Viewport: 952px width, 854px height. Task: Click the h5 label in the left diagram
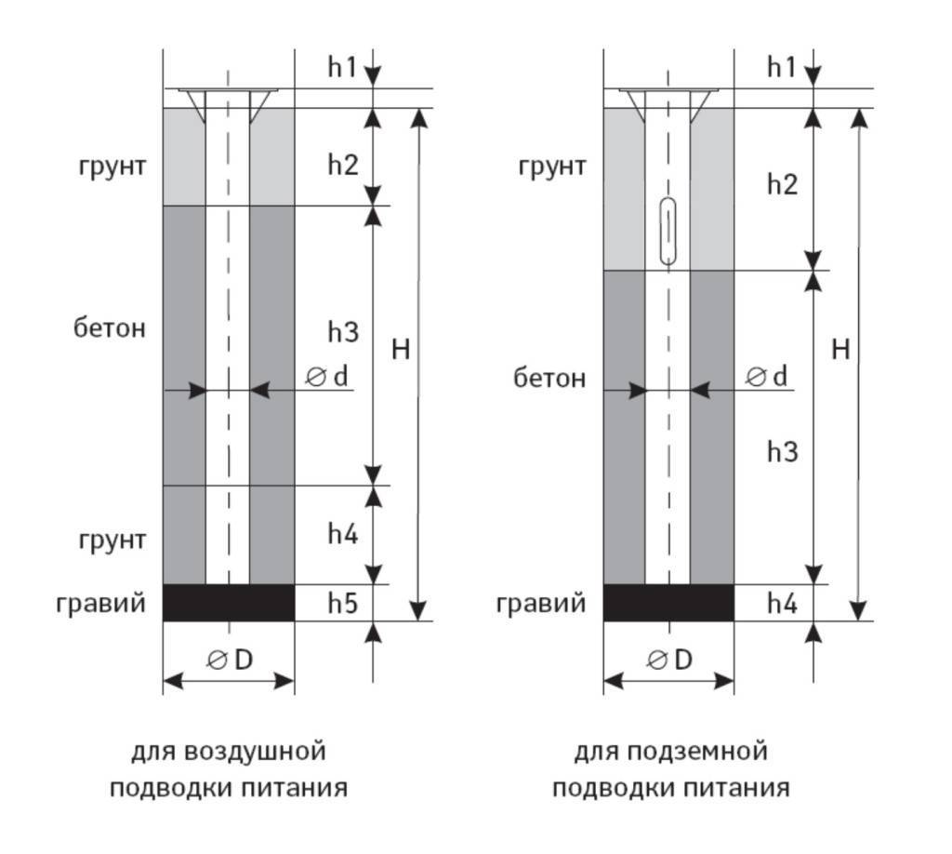[343, 603]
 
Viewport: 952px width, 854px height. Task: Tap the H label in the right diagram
[840, 350]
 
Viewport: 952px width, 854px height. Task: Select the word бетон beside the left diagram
[110, 328]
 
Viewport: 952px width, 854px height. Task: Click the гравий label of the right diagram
[541, 604]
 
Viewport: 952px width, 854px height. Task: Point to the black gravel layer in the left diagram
[229, 603]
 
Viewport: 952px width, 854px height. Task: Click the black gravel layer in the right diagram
[668, 603]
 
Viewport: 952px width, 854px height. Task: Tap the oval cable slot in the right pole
[668, 232]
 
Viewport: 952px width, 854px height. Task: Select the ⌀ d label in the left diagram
[326, 377]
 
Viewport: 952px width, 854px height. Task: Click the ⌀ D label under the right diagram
[669, 660]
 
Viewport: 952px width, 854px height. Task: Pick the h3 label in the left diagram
[343, 332]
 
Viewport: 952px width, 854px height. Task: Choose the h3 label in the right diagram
[783, 452]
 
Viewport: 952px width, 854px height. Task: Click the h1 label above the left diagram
[342, 67]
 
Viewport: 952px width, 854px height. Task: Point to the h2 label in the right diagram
[783, 184]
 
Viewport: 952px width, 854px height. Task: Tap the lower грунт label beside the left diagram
[112, 540]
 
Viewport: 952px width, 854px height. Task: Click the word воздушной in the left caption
[255, 752]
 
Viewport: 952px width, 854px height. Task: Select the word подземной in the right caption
[697, 752]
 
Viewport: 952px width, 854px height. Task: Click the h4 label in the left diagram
[343, 534]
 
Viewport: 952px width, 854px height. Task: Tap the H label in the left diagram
[401, 350]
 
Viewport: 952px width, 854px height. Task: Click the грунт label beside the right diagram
[552, 167]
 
